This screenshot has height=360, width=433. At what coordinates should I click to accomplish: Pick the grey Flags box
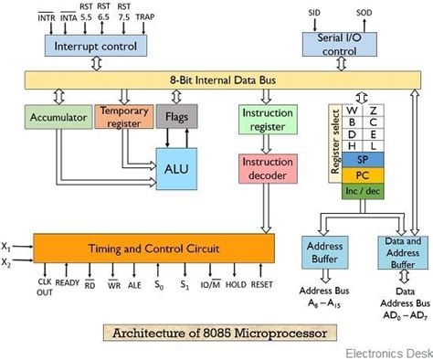tap(176, 116)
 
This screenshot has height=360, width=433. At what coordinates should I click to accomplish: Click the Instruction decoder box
tap(266, 168)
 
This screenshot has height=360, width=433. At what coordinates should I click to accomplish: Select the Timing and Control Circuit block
tap(153, 247)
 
